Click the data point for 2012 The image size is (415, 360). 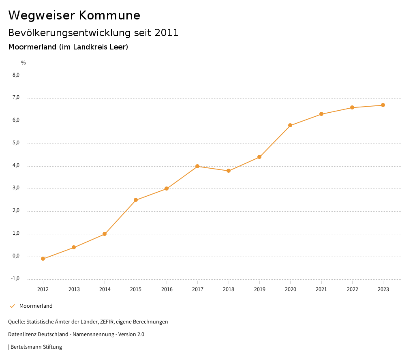(43, 259)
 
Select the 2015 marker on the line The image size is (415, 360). (136, 200)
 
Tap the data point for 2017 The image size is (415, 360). (197, 166)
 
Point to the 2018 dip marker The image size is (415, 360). (229, 171)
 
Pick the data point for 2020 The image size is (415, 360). (290, 125)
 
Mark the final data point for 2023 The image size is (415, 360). (383, 105)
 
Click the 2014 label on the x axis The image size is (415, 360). (105, 289)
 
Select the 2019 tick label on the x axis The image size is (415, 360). (259, 289)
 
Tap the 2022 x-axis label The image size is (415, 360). (352, 289)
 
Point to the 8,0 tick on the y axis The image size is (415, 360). (16, 75)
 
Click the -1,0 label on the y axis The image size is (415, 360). (15, 279)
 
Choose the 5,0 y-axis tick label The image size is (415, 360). (16, 143)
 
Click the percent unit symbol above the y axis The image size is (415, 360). (24, 63)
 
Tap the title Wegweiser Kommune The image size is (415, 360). (74, 15)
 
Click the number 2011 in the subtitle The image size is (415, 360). (167, 33)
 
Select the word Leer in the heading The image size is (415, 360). (118, 47)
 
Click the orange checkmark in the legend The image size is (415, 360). (12, 306)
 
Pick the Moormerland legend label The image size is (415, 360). (36, 306)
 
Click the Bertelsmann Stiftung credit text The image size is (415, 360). (36, 347)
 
